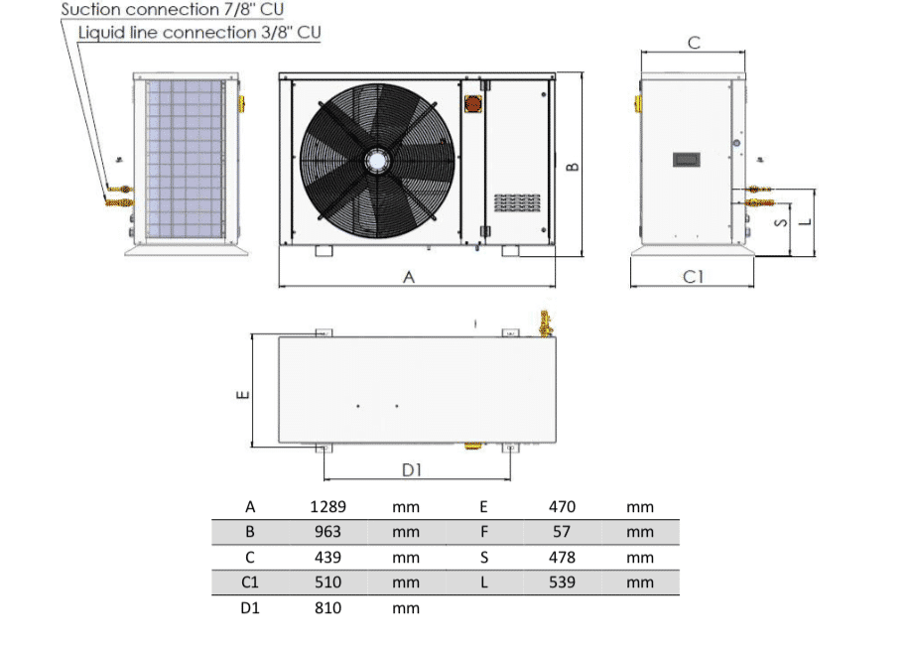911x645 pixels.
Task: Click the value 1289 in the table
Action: click(x=327, y=507)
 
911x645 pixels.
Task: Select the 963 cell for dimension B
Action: click(x=327, y=532)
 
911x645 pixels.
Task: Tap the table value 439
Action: click(x=327, y=558)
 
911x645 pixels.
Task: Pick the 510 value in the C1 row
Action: click(x=327, y=582)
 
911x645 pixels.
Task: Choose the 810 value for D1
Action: click(x=327, y=608)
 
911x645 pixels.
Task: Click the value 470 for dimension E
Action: click(x=562, y=507)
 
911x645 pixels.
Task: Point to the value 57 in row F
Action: click(x=562, y=532)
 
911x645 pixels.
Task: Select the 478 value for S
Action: click(x=562, y=558)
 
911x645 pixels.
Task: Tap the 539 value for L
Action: click(x=562, y=582)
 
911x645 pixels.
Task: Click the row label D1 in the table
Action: click(x=250, y=608)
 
